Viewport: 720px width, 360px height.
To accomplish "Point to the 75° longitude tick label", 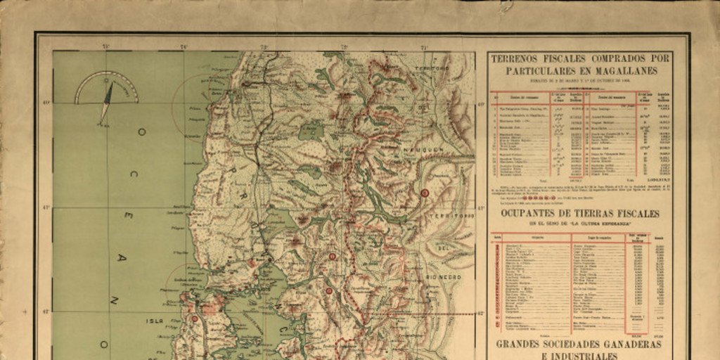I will click(105, 46).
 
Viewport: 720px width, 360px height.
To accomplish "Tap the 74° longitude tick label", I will click(184, 46).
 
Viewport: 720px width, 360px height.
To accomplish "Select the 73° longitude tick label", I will click(264, 46).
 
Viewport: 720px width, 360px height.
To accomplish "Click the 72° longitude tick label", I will click(345, 46).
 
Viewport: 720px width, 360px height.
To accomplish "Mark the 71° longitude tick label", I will click(424, 46).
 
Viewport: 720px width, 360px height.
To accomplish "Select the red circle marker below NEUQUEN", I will click(424, 193).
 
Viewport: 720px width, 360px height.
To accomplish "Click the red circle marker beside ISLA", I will click(195, 319).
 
